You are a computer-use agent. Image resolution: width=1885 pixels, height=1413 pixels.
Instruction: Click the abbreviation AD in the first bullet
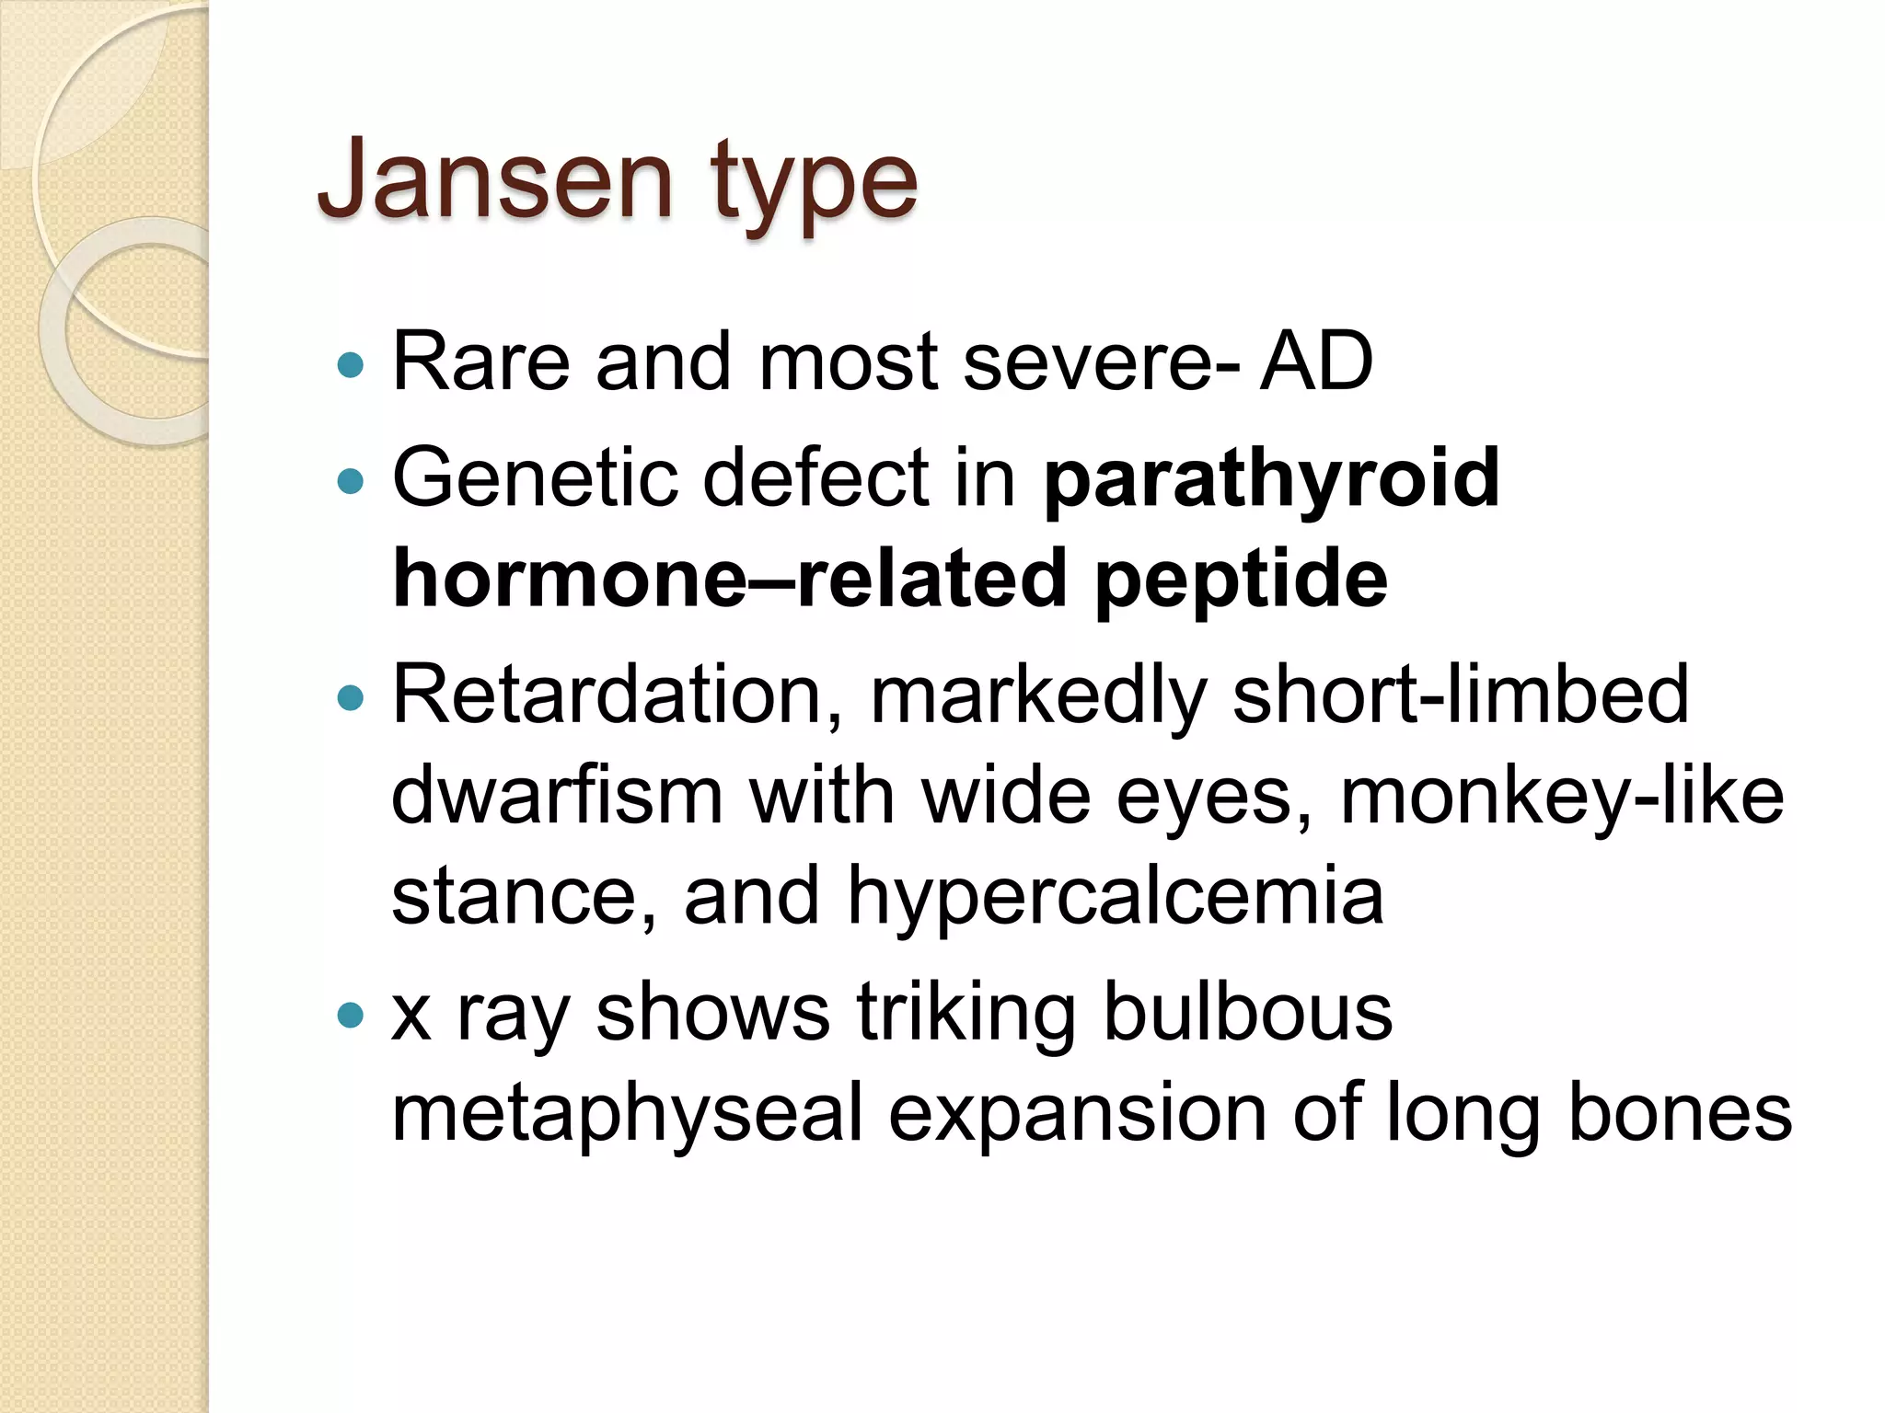click(1316, 362)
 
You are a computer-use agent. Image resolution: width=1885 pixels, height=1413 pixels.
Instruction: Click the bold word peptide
click(1241, 580)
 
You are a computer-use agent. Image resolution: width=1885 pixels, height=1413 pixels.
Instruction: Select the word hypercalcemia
click(1116, 898)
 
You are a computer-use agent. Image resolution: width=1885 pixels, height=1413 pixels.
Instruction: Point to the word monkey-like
click(1562, 797)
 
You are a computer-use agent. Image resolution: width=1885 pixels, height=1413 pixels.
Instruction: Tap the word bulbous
click(1247, 1013)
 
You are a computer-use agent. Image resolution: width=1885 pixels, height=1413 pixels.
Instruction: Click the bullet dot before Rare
click(351, 366)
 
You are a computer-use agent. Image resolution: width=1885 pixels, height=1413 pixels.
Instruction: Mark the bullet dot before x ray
click(351, 1016)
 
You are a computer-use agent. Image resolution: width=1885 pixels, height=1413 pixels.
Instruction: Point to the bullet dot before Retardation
click(351, 698)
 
